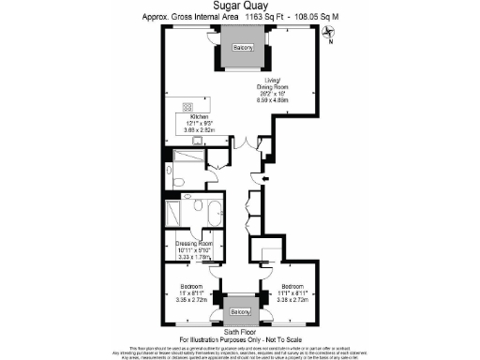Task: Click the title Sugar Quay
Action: (240, 6)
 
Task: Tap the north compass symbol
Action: (328, 36)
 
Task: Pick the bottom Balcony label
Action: (242, 311)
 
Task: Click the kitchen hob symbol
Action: (187, 107)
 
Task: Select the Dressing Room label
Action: (196, 244)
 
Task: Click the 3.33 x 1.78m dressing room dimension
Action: (196, 257)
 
